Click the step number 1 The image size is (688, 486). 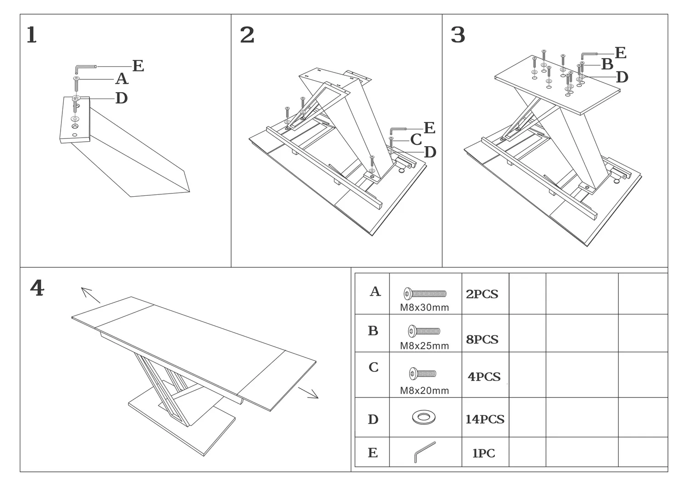[31, 35]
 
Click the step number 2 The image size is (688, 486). [247, 35]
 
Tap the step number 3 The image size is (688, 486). [458, 35]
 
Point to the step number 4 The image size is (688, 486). [37, 288]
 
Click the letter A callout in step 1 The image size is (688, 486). [121, 79]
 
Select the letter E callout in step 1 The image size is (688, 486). [138, 66]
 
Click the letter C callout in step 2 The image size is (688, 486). [416, 139]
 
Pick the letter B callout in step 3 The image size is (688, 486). [607, 65]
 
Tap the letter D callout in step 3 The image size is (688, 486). [621, 77]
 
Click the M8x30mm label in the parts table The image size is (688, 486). [424, 308]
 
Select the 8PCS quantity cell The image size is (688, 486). [482, 339]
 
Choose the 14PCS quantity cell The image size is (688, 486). [485, 419]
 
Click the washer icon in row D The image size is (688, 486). [424, 417]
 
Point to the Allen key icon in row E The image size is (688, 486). [424, 452]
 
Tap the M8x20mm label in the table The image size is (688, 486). [424, 391]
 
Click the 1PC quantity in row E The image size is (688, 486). [483, 453]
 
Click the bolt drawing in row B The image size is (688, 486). [424, 331]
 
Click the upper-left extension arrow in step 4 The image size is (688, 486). [90, 295]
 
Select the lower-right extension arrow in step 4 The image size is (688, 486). [308, 392]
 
